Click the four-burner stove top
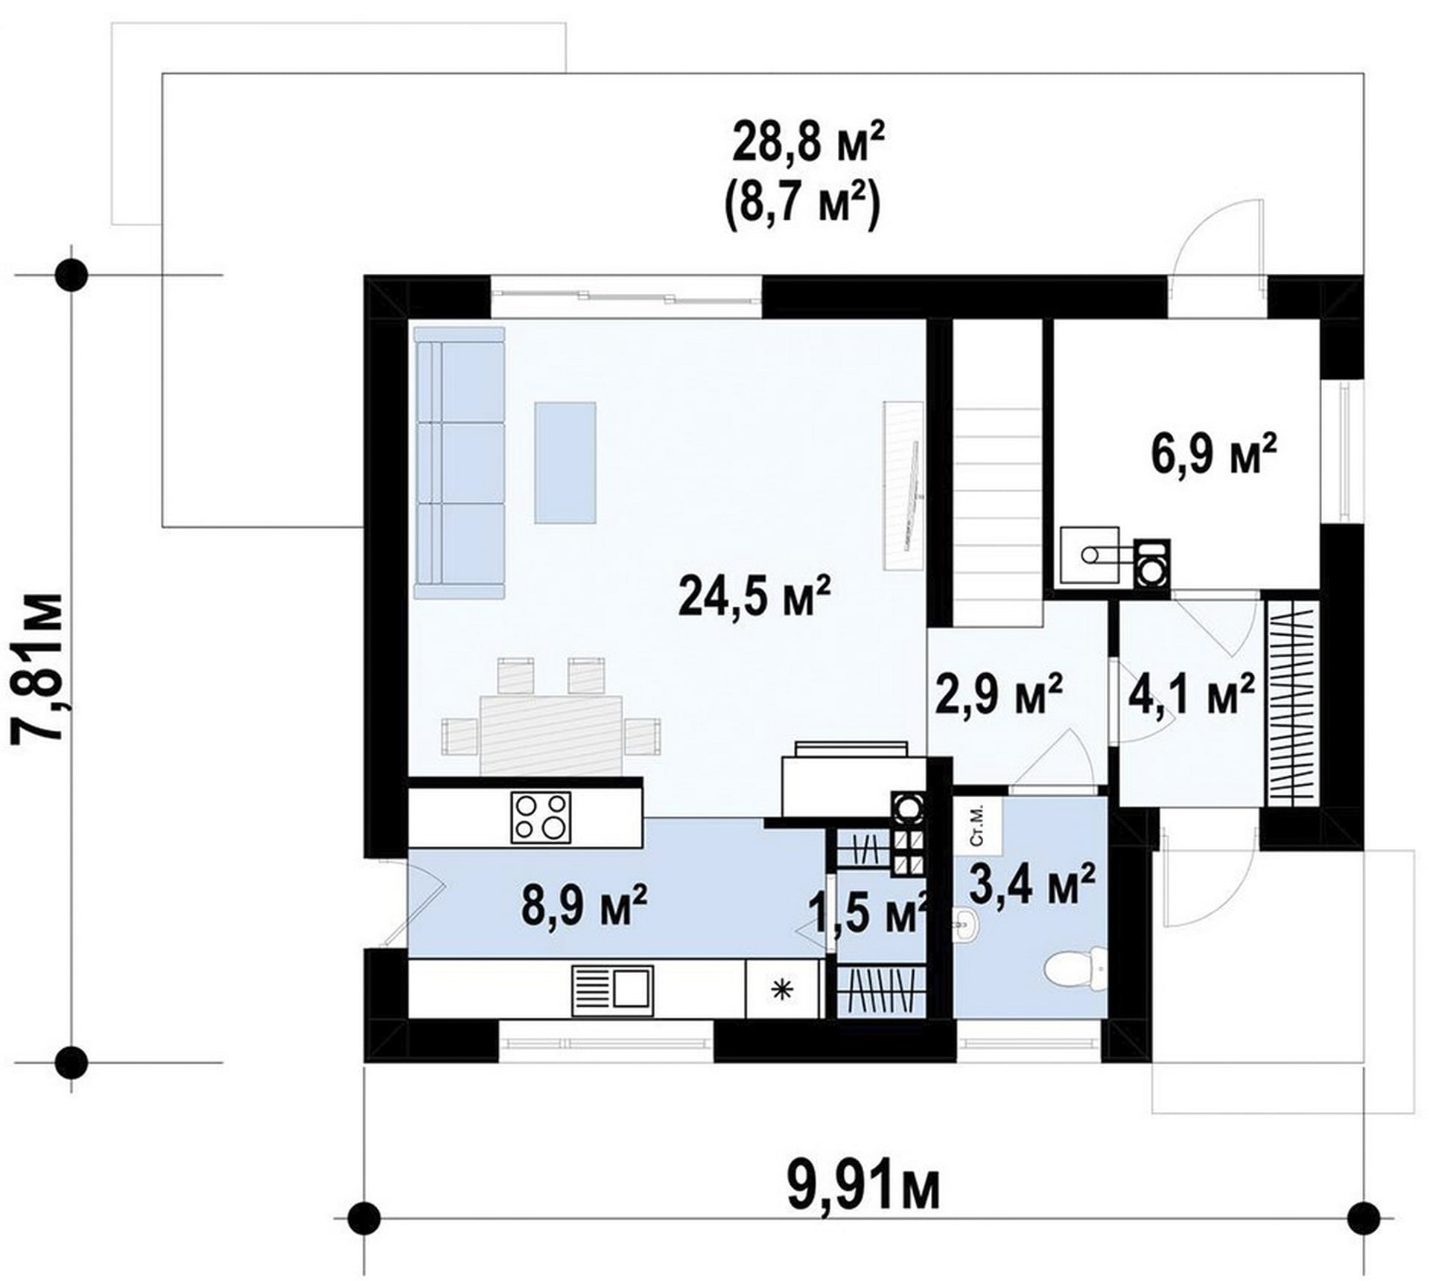(541, 817)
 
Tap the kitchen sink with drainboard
(612, 990)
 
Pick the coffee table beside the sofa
(565, 461)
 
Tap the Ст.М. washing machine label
(977, 825)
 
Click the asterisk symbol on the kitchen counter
(781, 989)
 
